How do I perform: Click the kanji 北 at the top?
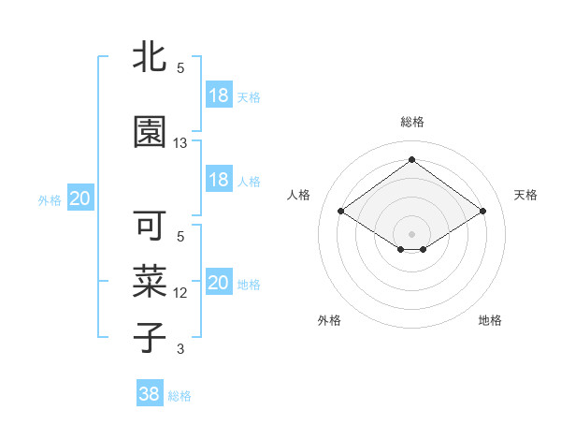coord(149,58)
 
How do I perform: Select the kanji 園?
coord(149,132)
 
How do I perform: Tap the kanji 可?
coord(149,227)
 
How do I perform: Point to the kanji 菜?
coord(149,280)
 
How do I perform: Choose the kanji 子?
coord(149,336)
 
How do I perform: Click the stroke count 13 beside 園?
coord(180,143)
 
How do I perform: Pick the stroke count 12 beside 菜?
coord(180,293)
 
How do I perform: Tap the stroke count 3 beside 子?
coord(180,349)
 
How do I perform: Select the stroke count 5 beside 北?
coord(180,68)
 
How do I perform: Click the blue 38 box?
coord(150,394)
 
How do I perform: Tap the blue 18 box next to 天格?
coord(218,95)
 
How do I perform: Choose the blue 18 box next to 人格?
coord(218,180)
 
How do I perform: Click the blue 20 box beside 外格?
coord(79,198)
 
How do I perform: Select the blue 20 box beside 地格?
coord(218,283)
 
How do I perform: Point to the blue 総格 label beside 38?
coord(180,396)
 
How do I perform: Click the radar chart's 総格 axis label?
coord(411,122)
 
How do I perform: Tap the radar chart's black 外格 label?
coord(329,320)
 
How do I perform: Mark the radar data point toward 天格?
coord(482,212)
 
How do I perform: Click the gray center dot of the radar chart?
coord(411,232)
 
